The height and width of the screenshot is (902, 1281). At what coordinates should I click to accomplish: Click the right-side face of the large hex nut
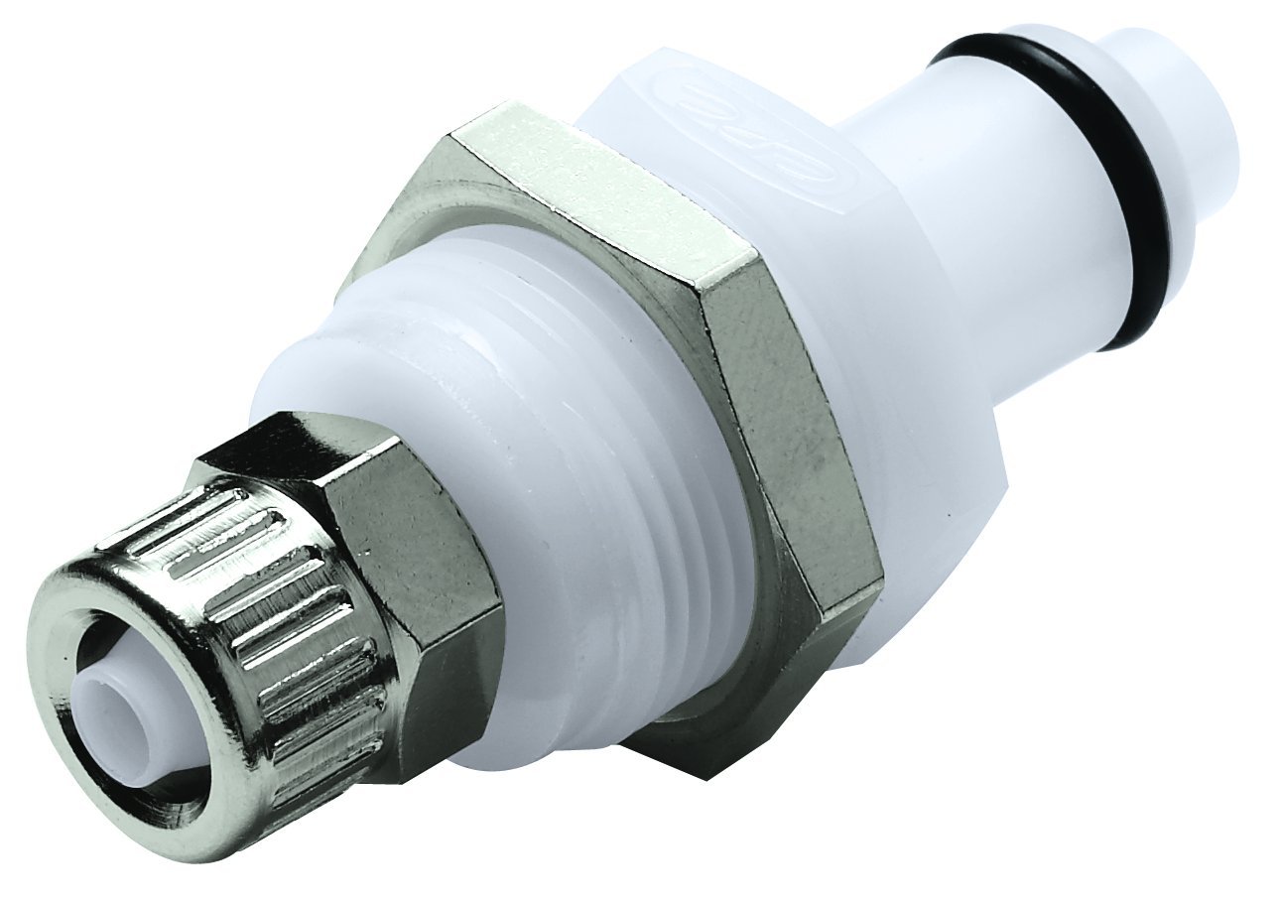click(x=794, y=417)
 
